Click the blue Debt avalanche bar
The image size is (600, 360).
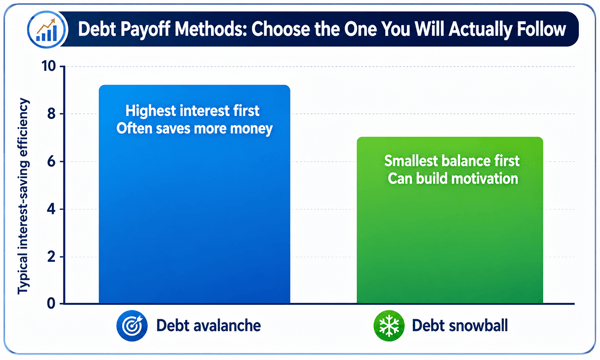pyautogui.click(x=194, y=194)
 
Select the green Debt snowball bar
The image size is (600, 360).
pyautogui.click(x=450, y=220)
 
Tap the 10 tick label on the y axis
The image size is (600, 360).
pyautogui.click(x=49, y=66)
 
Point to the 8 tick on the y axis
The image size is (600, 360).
pyautogui.click(x=51, y=114)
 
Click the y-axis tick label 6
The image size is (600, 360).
pyautogui.click(x=51, y=161)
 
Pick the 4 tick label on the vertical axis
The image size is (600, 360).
pyautogui.click(x=51, y=209)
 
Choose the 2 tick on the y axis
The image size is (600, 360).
pyautogui.click(x=51, y=256)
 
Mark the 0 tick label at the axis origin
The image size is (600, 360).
pyautogui.click(x=51, y=304)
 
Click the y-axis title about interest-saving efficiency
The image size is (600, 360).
pyautogui.click(x=23, y=196)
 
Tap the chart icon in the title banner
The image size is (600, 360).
pyautogui.click(x=47, y=30)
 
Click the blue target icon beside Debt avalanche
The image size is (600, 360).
pyautogui.click(x=132, y=326)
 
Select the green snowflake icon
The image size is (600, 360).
pyautogui.click(x=389, y=326)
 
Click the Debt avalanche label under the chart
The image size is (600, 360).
pyautogui.click(x=209, y=326)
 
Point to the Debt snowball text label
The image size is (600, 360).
pyautogui.click(x=460, y=326)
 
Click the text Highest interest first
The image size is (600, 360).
pyautogui.click(x=192, y=111)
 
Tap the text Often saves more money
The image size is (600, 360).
pyautogui.click(x=194, y=129)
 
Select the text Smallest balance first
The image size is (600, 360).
pyautogui.click(x=452, y=161)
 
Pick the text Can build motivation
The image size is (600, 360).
pyautogui.click(x=453, y=179)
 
